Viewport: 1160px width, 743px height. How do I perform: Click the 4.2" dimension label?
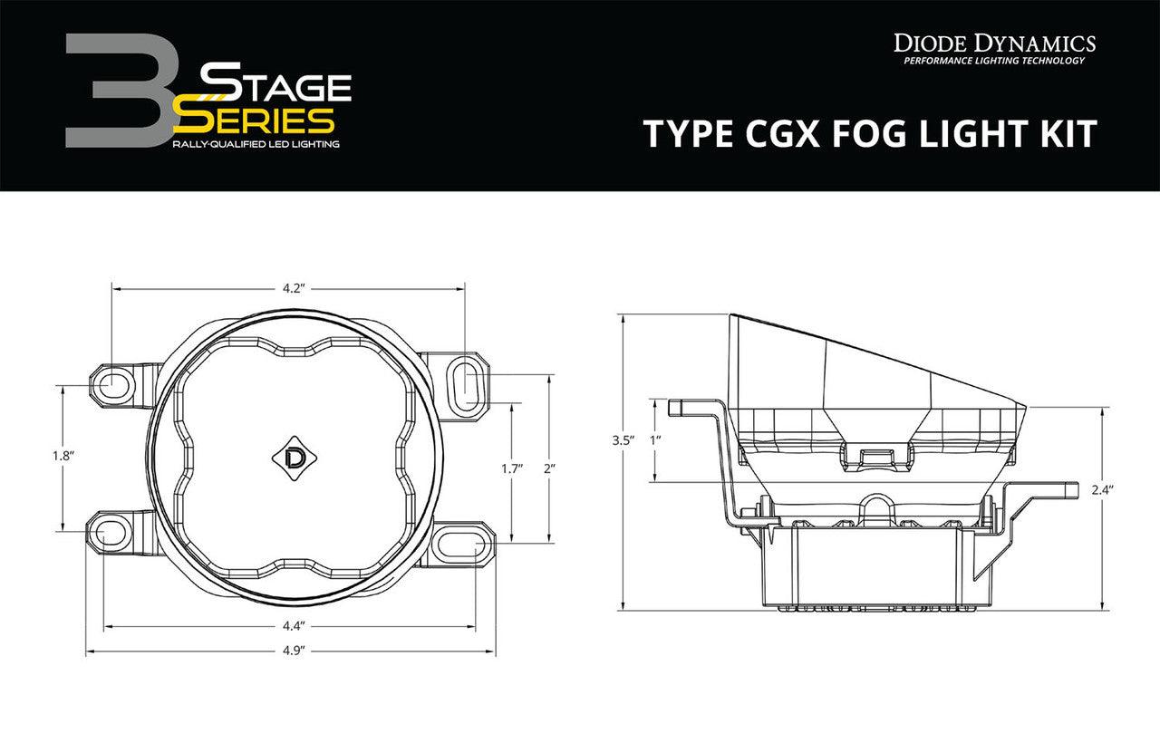(x=291, y=289)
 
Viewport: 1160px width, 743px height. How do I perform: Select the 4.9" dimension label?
(x=291, y=651)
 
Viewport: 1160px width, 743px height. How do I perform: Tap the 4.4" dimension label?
(x=291, y=625)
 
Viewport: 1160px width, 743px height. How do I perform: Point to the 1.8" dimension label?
(x=63, y=457)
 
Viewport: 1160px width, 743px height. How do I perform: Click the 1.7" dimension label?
(x=512, y=469)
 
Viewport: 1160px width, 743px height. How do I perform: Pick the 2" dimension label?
(x=549, y=469)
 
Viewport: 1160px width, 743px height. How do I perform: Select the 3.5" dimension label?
(x=621, y=440)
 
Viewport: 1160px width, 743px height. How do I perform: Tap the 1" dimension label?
(x=655, y=440)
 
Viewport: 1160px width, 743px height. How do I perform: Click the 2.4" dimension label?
(x=1102, y=489)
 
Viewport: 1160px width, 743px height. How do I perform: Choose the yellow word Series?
(x=256, y=120)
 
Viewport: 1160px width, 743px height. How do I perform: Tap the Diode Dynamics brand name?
(x=994, y=42)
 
